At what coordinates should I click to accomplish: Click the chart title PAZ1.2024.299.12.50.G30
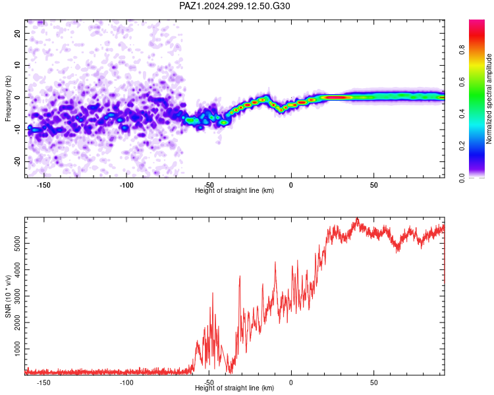pyautogui.click(x=234, y=6)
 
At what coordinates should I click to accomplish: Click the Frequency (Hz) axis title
pyautogui.click(x=8, y=99)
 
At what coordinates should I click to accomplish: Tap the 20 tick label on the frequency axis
pyautogui.click(x=17, y=33)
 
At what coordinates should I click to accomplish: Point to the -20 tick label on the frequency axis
pyautogui.click(x=17, y=162)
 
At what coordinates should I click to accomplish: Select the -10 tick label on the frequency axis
pyautogui.click(x=17, y=130)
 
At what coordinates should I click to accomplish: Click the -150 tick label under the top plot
pyautogui.click(x=43, y=185)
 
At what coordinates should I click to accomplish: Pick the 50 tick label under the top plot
pyautogui.click(x=373, y=185)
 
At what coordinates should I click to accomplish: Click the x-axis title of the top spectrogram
pyautogui.click(x=234, y=190)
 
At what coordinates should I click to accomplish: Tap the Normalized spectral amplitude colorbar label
pyautogui.click(x=489, y=99)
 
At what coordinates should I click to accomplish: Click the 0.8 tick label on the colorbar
pyautogui.click(x=462, y=50)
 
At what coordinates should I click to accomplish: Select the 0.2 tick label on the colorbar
pyautogui.click(x=462, y=146)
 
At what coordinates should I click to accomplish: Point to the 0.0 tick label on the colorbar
pyautogui.click(x=462, y=178)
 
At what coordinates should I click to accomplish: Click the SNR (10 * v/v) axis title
pyautogui.click(x=8, y=296)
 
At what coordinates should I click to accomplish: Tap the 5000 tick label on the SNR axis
pyautogui.click(x=17, y=243)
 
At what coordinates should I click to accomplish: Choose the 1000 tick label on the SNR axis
pyautogui.click(x=17, y=349)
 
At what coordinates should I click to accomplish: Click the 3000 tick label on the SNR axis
pyautogui.click(x=17, y=296)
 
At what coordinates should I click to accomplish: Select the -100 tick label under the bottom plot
pyautogui.click(x=126, y=382)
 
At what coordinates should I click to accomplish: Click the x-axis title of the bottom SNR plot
pyautogui.click(x=234, y=388)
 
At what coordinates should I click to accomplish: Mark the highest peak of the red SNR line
pyautogui.click(x=357, y=218)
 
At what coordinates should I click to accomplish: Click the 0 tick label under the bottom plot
pyautogui.click(x=291, y=382)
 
